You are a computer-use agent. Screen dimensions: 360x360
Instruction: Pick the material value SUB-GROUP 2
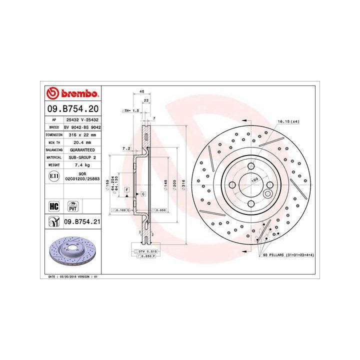tap(81, 157)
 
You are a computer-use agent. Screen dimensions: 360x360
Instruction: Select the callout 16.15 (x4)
tap(288, 121)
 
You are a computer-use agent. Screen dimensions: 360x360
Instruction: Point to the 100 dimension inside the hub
tap(254, 179)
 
